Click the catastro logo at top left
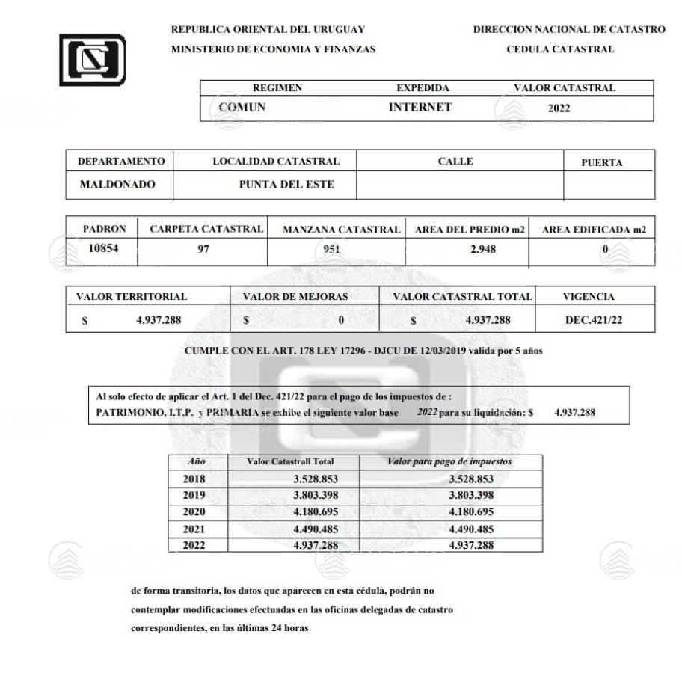tap(91, 59)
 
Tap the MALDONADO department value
tap(117, 185)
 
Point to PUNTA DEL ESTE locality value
tap(286, 185)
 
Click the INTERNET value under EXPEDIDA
tap(420, 108)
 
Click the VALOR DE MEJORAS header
tap(295, 297)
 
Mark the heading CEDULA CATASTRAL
tap(559, 49)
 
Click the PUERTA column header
tap(601, 162)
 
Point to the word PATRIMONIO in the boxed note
tap(121, 412)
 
